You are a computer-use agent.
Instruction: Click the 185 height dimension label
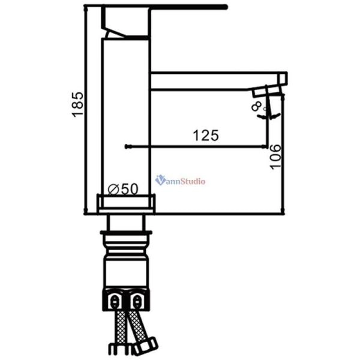pos(77,106)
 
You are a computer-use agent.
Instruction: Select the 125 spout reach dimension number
pos(206,136)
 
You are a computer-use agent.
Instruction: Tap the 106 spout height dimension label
pos(275,157)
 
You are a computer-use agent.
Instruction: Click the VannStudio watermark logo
pos(180,180)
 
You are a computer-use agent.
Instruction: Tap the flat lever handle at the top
pos(180,8)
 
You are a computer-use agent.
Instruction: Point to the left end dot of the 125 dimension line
pos(125,146)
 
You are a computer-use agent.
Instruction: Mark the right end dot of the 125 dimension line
pos(265,146)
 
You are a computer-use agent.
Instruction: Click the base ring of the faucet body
pos(127,204)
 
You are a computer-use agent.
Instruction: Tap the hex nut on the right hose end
pos(146,346)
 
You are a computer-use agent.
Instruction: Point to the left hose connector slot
pos(115,299)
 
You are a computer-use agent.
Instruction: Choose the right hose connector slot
pos(139,299)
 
